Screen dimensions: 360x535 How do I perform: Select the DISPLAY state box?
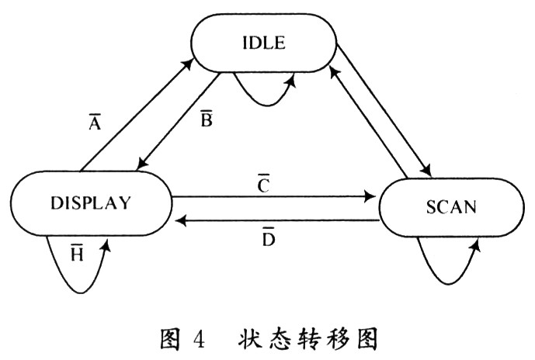(92, 202)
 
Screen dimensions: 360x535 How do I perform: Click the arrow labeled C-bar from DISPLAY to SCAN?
(272, 197)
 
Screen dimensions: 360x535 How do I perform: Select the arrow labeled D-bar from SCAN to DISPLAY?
(272, 221)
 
